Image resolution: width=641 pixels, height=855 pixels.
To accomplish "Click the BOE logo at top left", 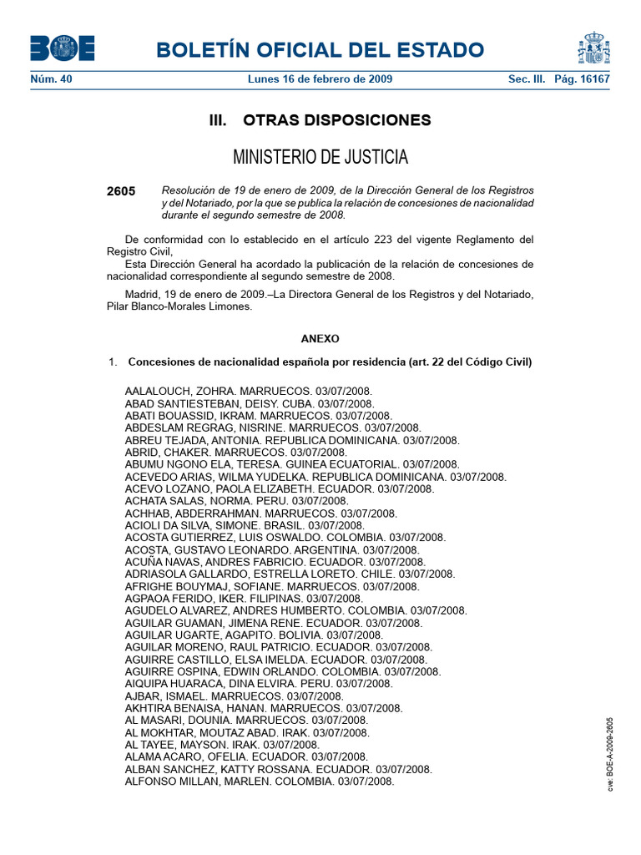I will point(62,48).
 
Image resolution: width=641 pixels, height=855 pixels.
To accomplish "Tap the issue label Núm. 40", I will point(51,79).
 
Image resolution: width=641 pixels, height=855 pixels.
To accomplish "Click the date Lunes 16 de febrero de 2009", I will point(320,79).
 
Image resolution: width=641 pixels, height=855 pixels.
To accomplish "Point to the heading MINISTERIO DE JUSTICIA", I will point(320,157).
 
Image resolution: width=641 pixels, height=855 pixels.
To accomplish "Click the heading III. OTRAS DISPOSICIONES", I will point(320,120).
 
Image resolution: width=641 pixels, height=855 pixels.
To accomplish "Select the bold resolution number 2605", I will point(121,191).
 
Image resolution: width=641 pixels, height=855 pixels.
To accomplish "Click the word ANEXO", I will point(320,339).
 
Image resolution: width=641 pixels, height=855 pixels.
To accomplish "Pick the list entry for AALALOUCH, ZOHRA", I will point(248,391).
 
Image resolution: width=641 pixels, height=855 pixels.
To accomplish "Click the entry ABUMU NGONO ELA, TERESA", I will point(291,463).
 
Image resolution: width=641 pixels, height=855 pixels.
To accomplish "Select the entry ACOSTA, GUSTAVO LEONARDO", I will point(271,550).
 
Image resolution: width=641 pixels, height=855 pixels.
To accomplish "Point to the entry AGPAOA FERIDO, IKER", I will point(244,599).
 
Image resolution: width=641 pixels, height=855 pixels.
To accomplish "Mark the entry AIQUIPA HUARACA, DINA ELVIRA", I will point(258,683).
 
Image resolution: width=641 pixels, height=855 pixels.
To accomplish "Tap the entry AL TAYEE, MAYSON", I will point(221,744).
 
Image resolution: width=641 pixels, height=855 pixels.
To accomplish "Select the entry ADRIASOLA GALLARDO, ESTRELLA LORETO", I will point(290,574).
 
